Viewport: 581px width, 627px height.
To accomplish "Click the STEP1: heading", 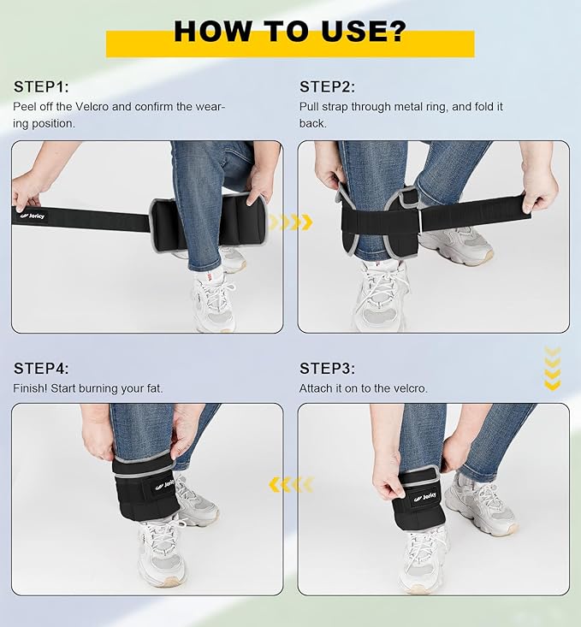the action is [41, 86].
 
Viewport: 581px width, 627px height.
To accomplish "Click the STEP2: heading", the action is [328, 86].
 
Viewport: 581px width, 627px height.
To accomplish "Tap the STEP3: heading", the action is [328, 369].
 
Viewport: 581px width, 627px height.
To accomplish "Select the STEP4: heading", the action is [41, 369].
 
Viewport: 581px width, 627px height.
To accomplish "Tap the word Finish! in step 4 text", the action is [31, 388].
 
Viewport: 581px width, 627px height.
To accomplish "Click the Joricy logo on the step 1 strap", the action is [33, 216].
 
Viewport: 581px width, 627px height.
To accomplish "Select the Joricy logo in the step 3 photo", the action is [425, 497].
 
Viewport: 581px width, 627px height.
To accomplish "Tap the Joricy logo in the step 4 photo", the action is [165, 484].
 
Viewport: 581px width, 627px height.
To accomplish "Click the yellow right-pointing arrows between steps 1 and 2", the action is [291, 222].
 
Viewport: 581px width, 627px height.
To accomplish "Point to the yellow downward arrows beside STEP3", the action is [552, 369].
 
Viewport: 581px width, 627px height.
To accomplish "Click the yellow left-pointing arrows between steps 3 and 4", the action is [291, 485].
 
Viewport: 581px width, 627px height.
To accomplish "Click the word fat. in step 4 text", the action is [154, 388].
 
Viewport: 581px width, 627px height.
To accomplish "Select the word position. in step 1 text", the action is [53, 123].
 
